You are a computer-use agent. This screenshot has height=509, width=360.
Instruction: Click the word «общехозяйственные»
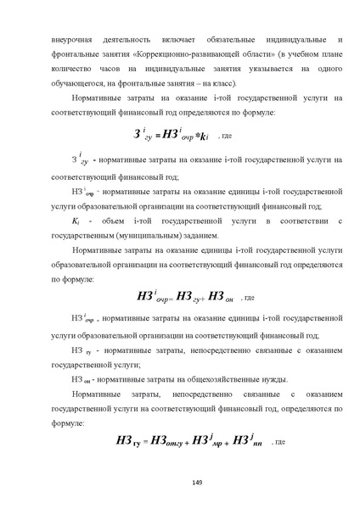point(198,378)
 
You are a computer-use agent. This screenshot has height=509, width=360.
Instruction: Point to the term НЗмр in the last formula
point(208,440)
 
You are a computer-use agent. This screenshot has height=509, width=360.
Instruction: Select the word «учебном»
point(303,54)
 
